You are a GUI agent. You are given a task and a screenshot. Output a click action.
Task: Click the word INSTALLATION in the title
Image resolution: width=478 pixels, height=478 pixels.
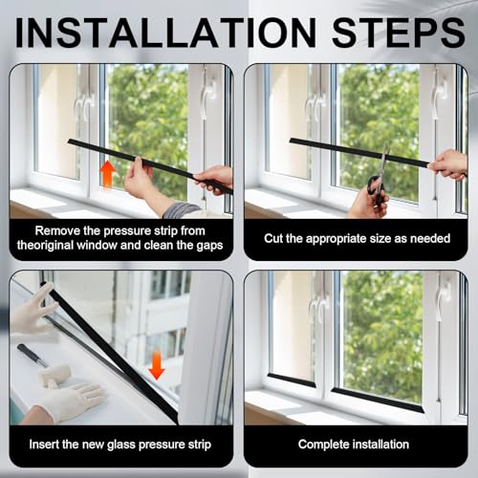click(x=165, y=33)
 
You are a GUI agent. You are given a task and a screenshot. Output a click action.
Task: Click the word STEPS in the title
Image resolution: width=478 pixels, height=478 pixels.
click(x=399, y=33)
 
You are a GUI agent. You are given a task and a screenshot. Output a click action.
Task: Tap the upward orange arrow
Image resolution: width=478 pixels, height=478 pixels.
click(x=108, y=175)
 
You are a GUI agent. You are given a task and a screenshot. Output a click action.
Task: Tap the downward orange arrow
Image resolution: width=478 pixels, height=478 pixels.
click(x=157, y=365)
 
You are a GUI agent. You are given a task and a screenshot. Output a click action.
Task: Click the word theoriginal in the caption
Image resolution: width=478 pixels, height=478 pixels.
click(x=45, y=246)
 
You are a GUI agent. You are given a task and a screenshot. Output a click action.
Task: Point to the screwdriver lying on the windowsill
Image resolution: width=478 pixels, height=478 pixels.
click(x=31, y=355)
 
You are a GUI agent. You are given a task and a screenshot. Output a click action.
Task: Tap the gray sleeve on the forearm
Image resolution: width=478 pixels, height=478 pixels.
click(x=183, y=210)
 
